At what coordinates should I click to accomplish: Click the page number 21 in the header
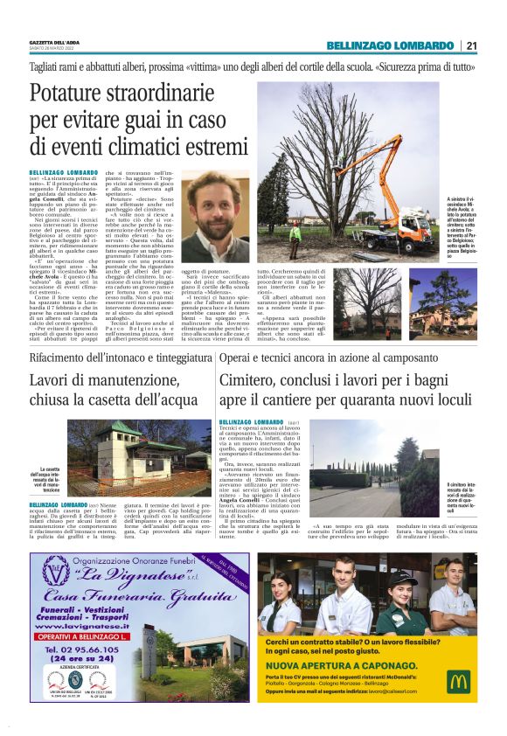(472, 45)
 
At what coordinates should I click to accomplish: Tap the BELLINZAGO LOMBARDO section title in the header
(390, 45)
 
